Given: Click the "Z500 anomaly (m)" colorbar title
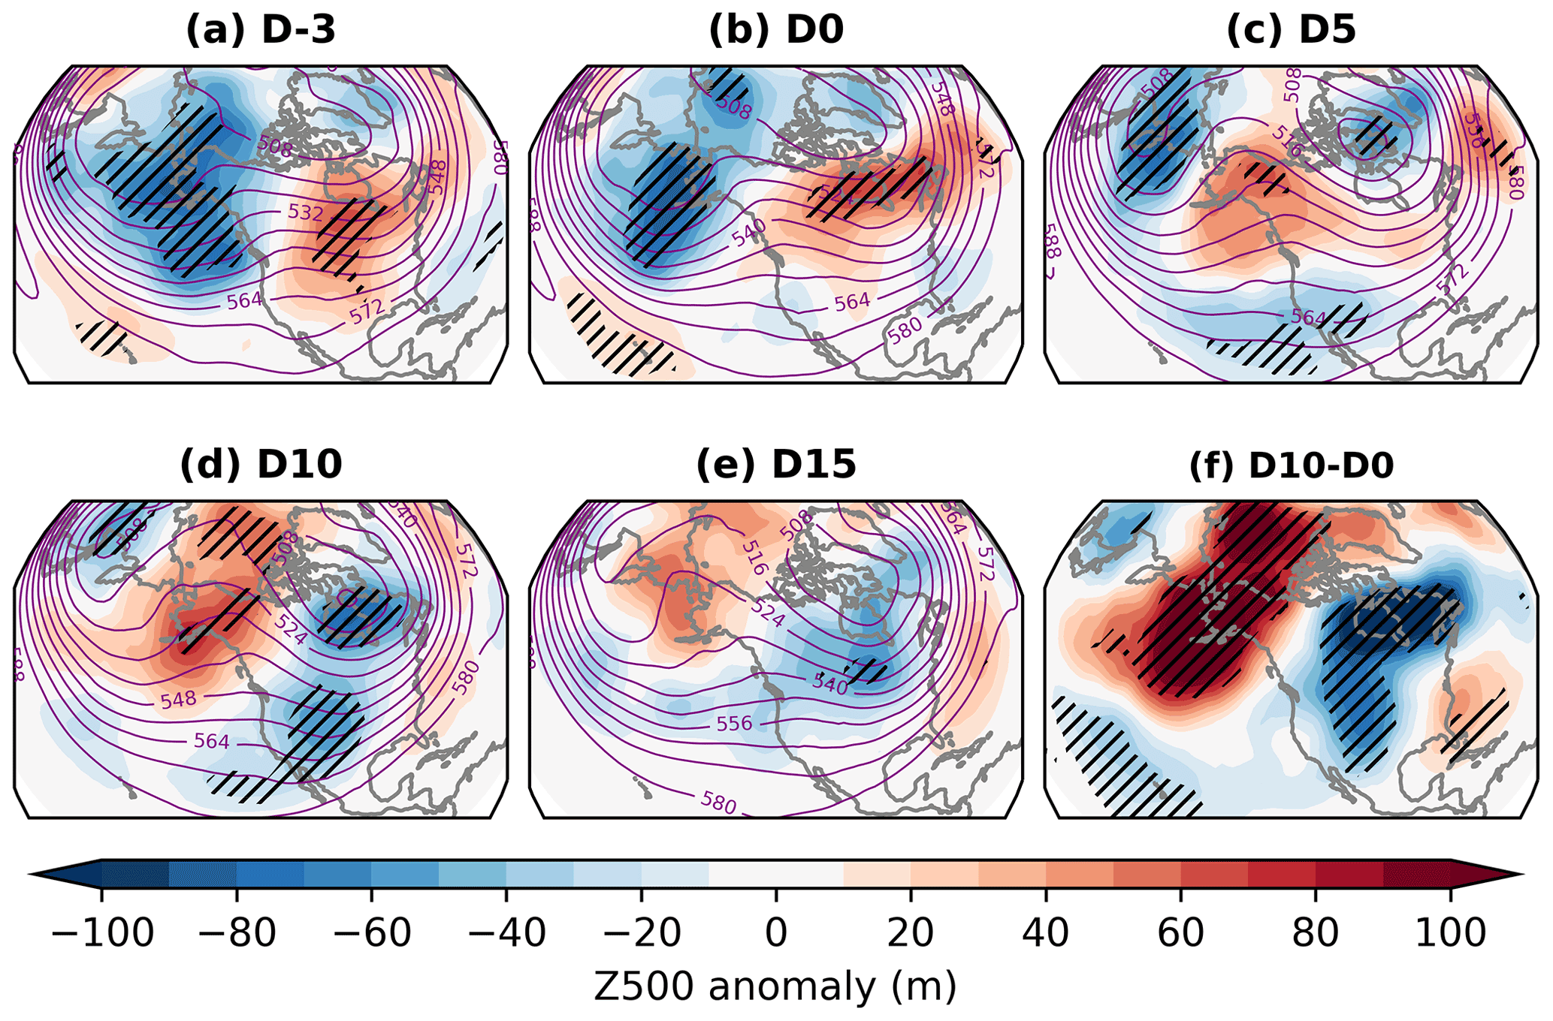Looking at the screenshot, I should [x=775, y=986].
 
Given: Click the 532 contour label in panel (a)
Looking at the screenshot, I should [x=306, y=212].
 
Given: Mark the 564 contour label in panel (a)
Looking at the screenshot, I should [x=245, y=300].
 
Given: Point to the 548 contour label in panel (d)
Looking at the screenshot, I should [x=179, y=699].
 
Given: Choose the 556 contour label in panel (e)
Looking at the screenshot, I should [x=734, y=723].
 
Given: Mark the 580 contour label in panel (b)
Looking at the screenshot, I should [x=905, y=330].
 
